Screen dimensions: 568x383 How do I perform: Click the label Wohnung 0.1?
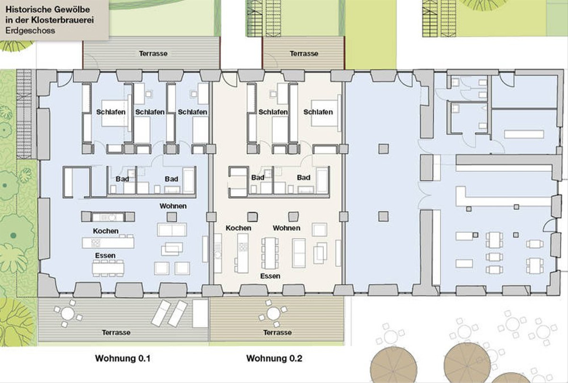[123, 358]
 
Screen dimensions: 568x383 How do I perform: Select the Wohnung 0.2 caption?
[274, 358]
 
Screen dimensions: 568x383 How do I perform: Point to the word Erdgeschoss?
[30, 31]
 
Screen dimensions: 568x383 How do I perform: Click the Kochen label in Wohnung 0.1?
[106, 231]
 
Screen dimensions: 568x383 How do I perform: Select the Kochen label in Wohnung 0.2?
[239, 228]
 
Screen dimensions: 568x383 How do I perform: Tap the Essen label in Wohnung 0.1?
[105, 255]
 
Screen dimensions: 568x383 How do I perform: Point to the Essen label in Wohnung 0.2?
[270, 276]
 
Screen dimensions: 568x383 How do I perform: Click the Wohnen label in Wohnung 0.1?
[173, 206]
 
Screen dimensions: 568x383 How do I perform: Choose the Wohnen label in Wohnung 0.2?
[286, 228]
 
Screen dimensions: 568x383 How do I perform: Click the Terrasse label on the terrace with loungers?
[116, 332]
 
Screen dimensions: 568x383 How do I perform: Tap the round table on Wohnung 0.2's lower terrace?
[274, 313]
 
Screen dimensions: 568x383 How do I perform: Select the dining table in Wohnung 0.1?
[108, 268]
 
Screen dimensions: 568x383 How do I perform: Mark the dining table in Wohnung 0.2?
[270, 253]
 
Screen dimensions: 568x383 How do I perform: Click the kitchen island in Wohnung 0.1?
[108, 243]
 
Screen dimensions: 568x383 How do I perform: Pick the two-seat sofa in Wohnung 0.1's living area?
[172, 229]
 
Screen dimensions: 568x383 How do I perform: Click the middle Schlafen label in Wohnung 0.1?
[150, 112]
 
